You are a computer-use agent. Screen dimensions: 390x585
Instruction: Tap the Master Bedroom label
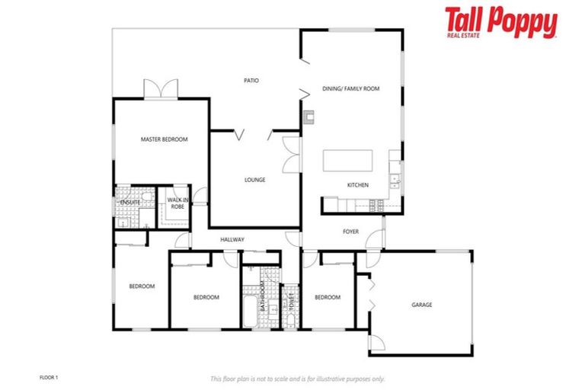(164, 139)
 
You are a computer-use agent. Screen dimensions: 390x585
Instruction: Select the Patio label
(251, 80)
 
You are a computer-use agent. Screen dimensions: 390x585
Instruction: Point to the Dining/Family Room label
(350, 89)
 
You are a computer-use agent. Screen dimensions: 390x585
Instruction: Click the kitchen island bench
(348, 161)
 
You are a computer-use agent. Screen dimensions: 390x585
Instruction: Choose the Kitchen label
(358, 185)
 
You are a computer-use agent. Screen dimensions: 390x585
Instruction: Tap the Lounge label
(254, 181)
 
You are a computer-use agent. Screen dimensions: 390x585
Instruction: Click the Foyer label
(350, 232)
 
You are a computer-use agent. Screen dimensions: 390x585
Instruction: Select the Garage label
(422, 305)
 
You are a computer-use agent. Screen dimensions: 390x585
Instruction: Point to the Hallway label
(232, 240)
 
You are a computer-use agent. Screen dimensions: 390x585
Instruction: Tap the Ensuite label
(130, 203)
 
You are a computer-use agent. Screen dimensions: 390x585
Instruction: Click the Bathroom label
(261, 297)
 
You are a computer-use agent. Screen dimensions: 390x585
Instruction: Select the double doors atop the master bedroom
(161, 89)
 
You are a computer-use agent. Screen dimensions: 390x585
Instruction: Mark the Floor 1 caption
(48, 377)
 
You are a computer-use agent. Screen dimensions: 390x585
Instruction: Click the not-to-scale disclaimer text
(297, 379)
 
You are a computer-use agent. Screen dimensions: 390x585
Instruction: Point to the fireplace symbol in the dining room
(308, 117)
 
